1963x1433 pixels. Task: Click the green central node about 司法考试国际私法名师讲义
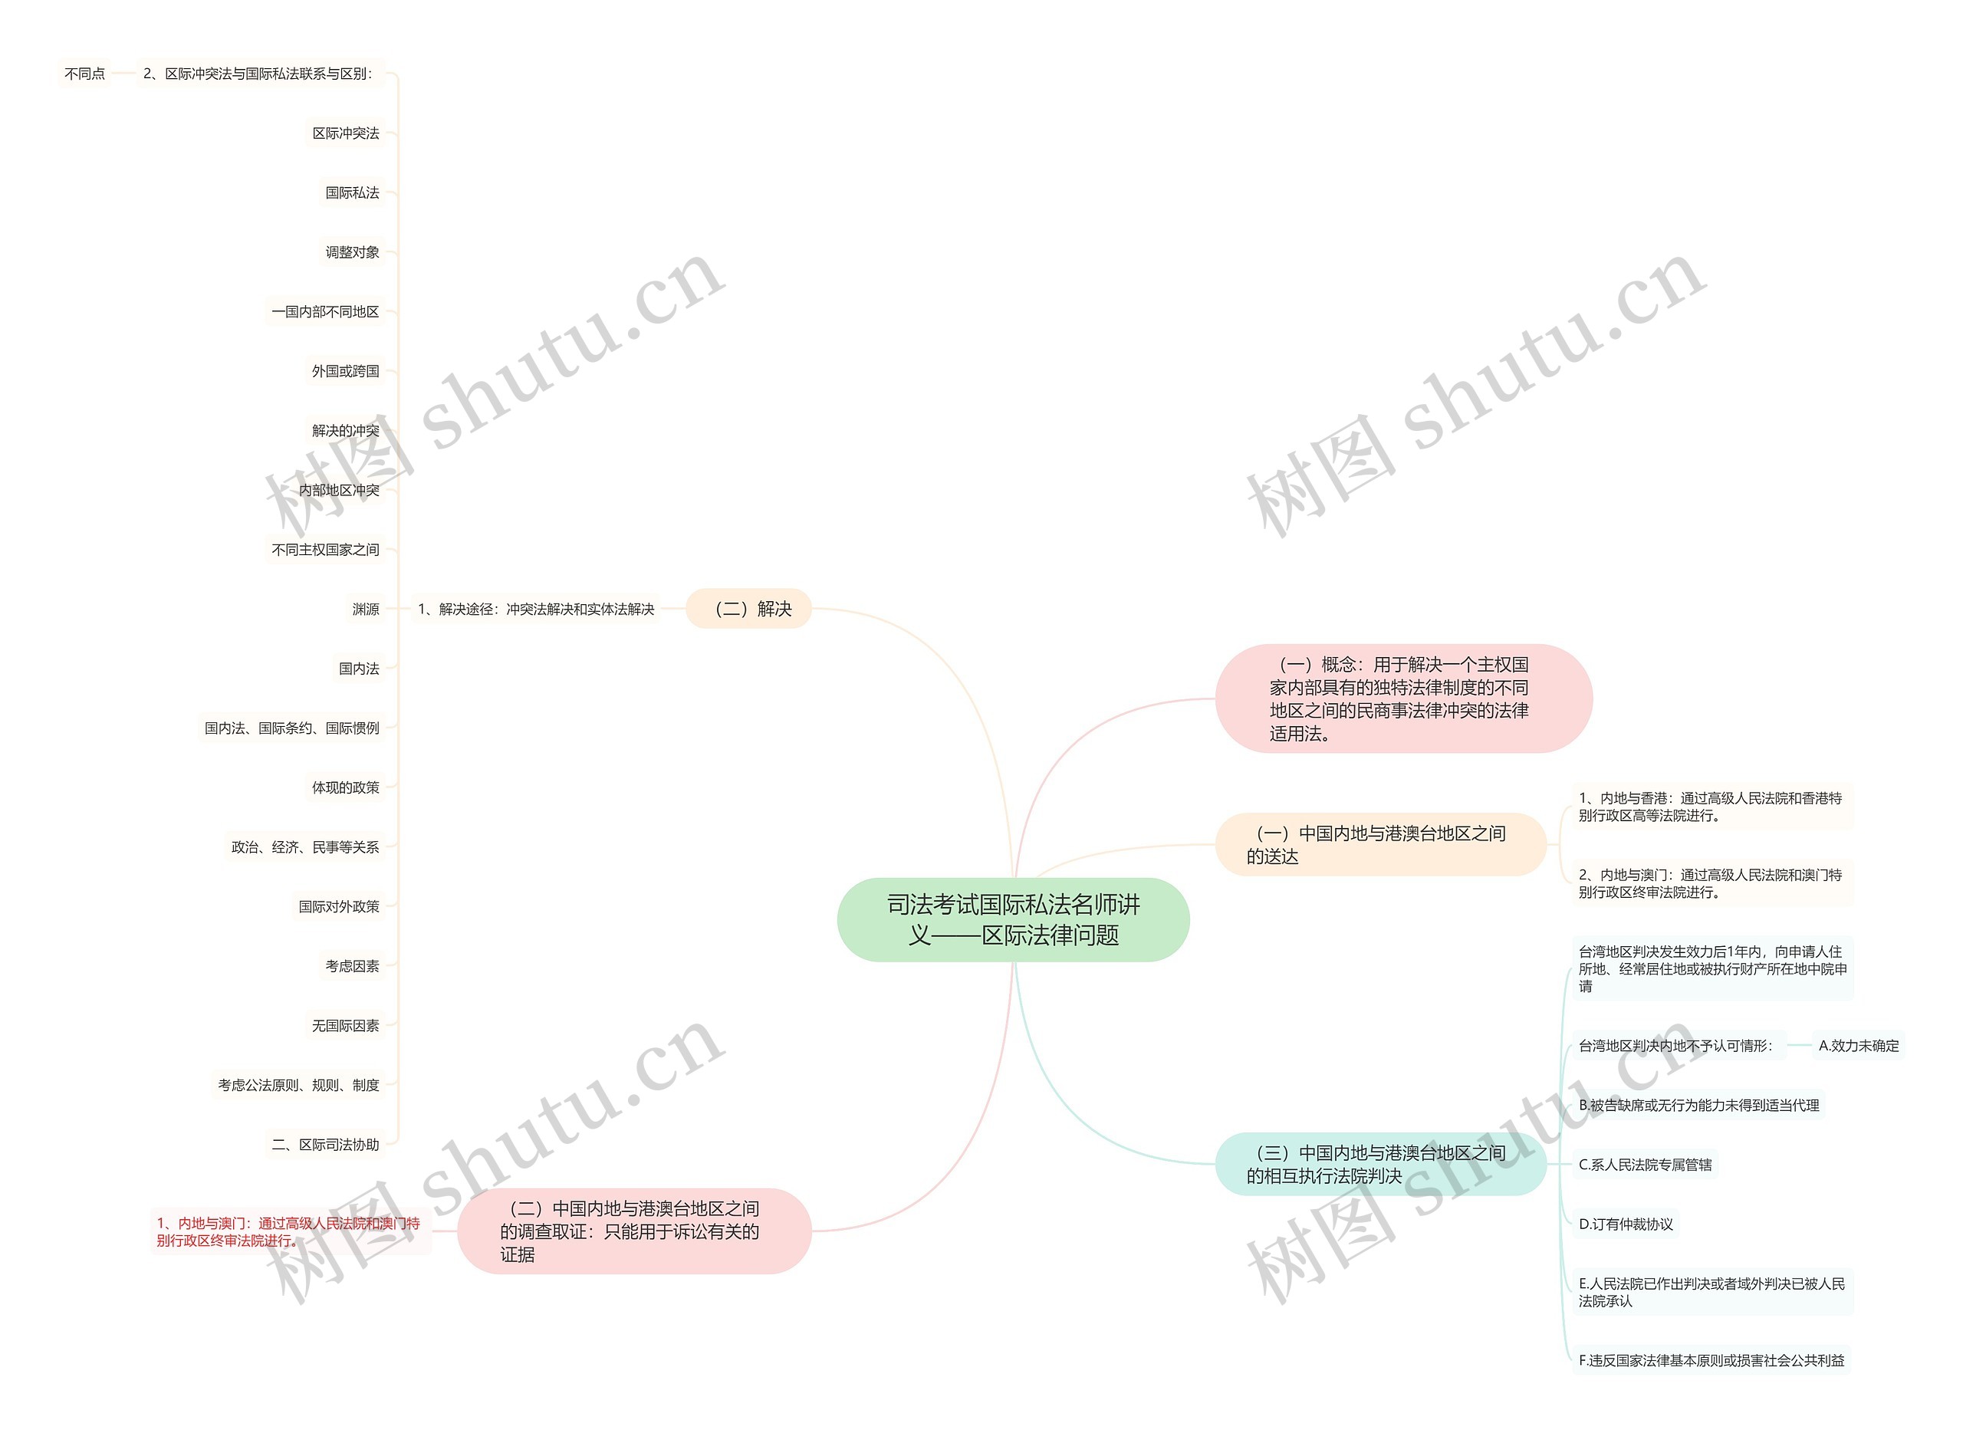click(x=1012, y=919)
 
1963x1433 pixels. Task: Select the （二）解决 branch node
click(x=748, y=609)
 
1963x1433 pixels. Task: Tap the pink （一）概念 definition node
click(x=1402, y=698)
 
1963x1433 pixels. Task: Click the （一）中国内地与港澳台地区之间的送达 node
click(x=1380, y=844)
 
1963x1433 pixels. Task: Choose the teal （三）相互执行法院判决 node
click(x=1380, y=1164)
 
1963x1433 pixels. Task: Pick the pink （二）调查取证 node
click(x=633, y=1231)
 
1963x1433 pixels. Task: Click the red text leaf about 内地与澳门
click(x=289, y=1232)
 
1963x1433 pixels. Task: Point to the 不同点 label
click(x=85, y=74)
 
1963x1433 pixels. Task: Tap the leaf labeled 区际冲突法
click(x=345, y=133)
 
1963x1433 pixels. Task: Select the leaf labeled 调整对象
click(x=352, y=252)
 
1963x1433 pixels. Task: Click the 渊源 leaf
click(x=365, y=609)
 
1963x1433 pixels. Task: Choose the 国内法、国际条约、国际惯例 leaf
click(x=291, y=728)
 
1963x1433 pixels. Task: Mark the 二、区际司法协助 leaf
click(x=325, y=1145)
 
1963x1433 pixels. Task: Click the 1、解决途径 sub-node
click(x=536, y=609)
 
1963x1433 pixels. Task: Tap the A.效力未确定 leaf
click(x=1858, y=1046)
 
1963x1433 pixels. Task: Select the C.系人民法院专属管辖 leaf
click(x=1645, y=1165)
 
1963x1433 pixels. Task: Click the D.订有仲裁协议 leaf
click(x=1625, y=1224)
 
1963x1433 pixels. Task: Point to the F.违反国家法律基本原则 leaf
click(x=1711, y=1360)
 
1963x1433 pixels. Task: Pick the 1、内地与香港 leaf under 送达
click(x=1710, y=807)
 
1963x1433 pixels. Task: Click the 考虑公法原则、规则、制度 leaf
click(x=298, y=1085)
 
